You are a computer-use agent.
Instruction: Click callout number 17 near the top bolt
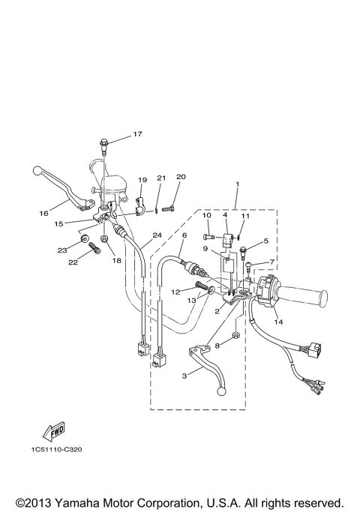(x=137, y=134)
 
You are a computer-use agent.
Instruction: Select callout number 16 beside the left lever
(x=43, y=213)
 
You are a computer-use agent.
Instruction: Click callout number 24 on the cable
(x=157, y=235)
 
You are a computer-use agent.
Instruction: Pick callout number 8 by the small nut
(x=217, y=346)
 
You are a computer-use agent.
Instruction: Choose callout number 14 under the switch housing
(x=279, y=322)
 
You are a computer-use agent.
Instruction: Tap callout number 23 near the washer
(x=63, y=250)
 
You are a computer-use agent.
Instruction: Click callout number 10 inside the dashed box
(x=206, y=216)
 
